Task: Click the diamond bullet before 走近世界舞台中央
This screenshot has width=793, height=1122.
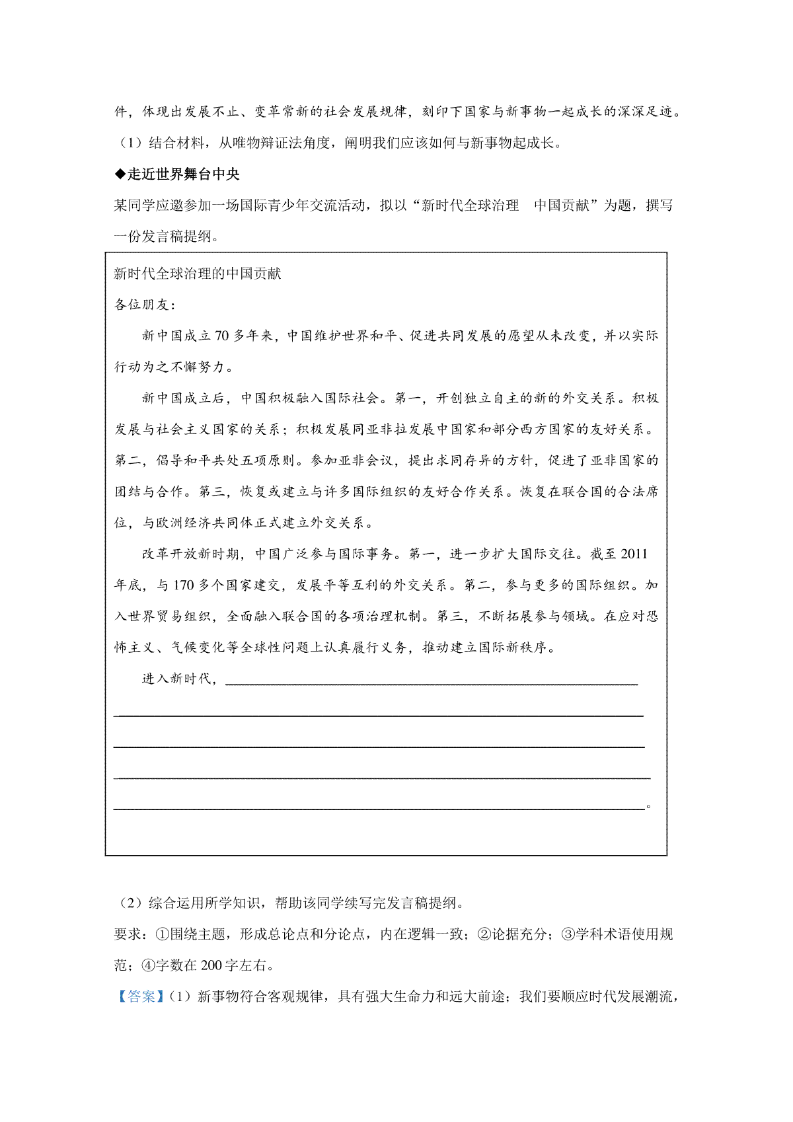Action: point(120,174)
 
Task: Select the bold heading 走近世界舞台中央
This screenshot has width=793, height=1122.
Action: point(183,174)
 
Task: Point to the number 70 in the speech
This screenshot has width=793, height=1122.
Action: point(221,336)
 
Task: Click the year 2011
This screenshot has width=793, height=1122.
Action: point(634,554)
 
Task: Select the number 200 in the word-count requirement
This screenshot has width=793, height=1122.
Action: point(211,965)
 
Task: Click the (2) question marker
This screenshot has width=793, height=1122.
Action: point(129,903)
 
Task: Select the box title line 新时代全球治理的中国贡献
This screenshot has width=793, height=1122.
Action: point(198,274)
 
